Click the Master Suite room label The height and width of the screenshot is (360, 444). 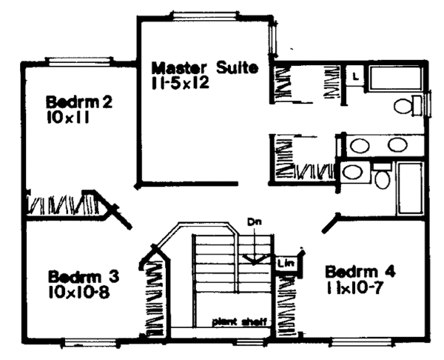click(x=205, y=68)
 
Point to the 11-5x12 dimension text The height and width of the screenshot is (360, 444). click(x=181, y=83)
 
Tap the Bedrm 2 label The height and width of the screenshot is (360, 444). click(x=79, y=102)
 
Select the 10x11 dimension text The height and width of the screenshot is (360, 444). click(x=68, y=117)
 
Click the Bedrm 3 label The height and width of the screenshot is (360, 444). click(x=84, y=277)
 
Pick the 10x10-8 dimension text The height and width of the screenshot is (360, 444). click(x=79, y=292)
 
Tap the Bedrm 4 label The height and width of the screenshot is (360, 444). click(x=360, y=272)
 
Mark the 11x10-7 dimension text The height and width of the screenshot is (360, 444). click(x=354, y=288)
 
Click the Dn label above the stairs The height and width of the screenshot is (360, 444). click(x=255, y=221)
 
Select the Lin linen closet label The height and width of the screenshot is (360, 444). click(x=286, y=264)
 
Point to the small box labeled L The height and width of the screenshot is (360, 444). click(x=355, y=76)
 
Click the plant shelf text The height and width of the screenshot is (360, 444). click(x=239, y=321)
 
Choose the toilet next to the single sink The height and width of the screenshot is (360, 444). click(x=383, y=176)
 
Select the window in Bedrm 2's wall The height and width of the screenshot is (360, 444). click(x=79, y=61)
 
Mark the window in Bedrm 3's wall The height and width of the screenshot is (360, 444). click(x=90, y=342)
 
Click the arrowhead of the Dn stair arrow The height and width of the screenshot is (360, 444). click(x=255, y=260)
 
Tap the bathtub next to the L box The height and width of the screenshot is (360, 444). click(x=394, y=79)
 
